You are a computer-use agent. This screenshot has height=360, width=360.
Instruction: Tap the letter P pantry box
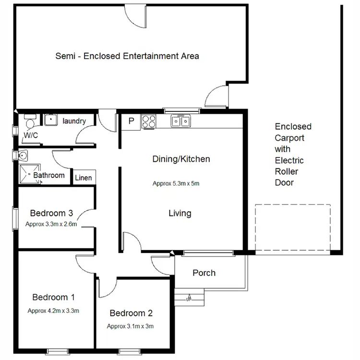coord(131,122)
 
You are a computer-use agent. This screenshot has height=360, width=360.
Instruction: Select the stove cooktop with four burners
coord(149,122)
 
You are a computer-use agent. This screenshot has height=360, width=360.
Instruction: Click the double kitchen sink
coord(181,121)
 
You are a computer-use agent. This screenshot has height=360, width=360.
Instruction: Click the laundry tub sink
coord(51,120)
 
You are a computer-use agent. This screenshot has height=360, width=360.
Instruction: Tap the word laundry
coord(74,121)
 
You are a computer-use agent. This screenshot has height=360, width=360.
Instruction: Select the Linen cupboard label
coord(83,178)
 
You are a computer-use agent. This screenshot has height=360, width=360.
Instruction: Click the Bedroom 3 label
coord(51,213)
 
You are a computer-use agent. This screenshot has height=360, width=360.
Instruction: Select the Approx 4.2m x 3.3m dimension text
coord(53,311)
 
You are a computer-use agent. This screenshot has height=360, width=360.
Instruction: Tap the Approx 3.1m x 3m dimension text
coord(131,326)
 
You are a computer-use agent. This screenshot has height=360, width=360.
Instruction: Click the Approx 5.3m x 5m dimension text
coord(176,183)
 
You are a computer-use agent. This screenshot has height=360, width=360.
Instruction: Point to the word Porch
coord(204,273)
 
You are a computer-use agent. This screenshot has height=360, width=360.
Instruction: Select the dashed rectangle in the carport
coord(292,228)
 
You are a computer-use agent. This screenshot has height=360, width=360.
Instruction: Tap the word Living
coord(180,213)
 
